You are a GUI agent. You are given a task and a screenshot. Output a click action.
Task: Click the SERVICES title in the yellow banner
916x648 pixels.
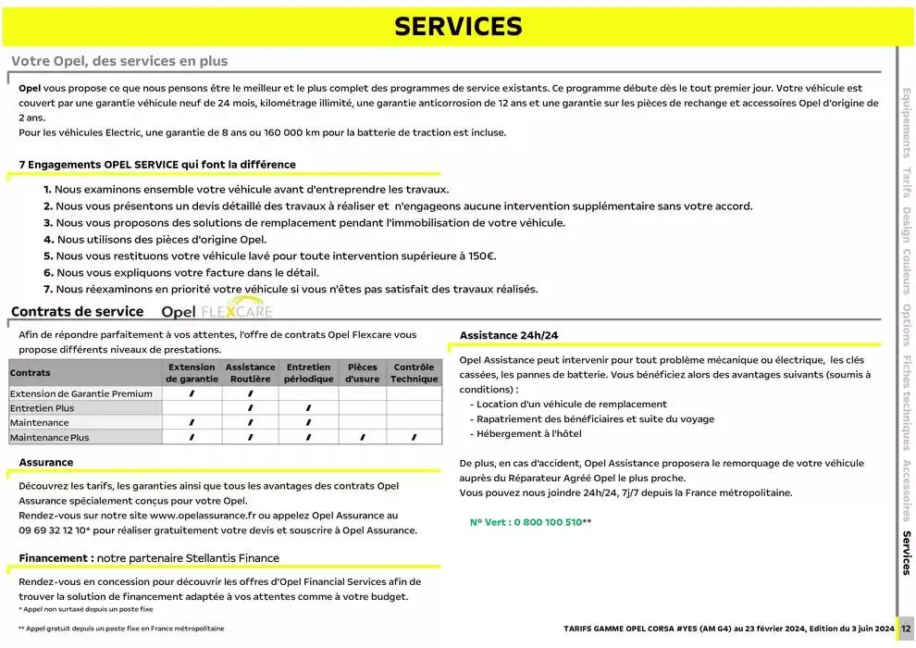(457, 27)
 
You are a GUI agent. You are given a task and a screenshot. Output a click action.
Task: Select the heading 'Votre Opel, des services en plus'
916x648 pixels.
(119, 61)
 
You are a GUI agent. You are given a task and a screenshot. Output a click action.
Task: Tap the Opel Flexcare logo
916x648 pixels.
(217, 311)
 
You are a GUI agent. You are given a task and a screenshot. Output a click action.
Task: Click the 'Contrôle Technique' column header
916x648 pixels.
(414, 373)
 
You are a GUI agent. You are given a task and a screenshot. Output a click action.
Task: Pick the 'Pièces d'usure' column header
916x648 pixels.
(362, 373)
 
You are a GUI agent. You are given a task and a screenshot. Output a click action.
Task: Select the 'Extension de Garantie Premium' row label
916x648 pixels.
(80, 393)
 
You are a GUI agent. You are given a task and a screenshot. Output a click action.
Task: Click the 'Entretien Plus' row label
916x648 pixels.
(42, 408)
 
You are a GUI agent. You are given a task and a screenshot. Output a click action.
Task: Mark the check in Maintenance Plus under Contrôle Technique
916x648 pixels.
(414, 438)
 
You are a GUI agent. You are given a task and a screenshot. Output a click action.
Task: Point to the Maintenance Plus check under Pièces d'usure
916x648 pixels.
(362, 438)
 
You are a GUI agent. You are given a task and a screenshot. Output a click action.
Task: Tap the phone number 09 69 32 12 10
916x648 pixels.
(54, 530)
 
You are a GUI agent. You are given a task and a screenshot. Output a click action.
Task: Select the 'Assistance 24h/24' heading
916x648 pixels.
(509, 335)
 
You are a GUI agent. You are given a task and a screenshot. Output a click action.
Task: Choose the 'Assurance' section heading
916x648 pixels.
(46, 462)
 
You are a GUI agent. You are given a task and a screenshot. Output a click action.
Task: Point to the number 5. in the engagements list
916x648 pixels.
(48, 255)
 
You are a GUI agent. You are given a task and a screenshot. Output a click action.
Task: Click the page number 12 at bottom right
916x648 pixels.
(906, 629)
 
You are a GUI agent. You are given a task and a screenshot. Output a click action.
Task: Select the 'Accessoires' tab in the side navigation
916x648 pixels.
(907, 491)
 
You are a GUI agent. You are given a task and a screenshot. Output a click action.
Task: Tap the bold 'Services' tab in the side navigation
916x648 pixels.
(907, 554)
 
